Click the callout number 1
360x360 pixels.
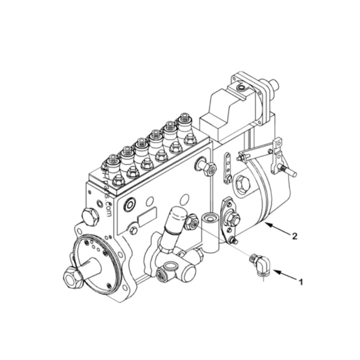301,282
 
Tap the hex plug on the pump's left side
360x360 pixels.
90,217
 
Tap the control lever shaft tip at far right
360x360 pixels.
290,171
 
